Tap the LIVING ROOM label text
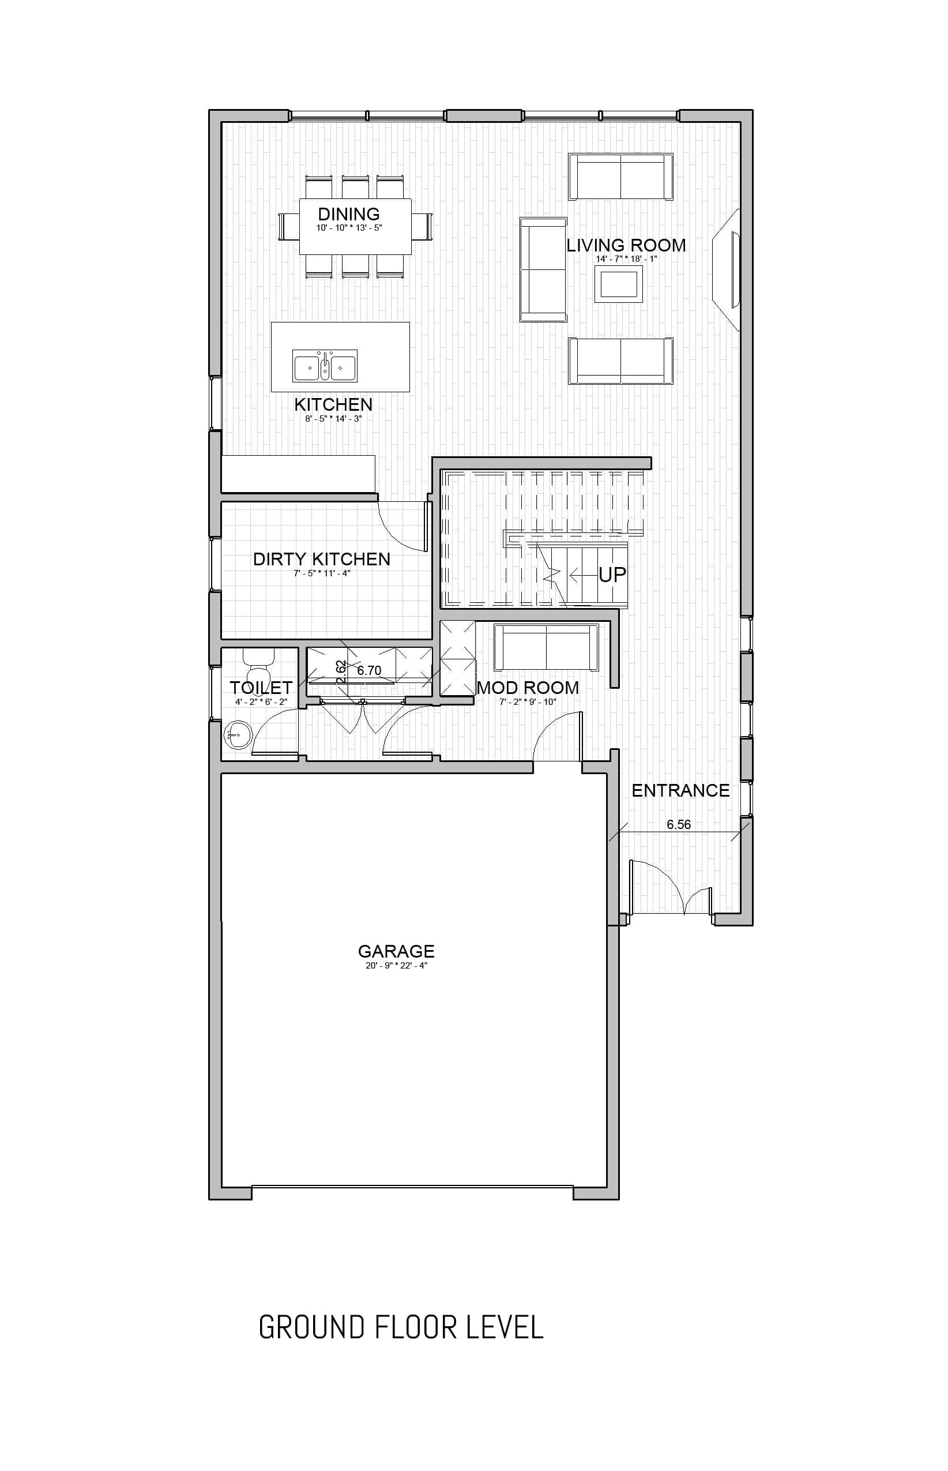pyautogui.click(x=626, y=245)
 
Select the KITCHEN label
pyautogui.click(x=333, y=404)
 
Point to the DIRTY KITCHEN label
pyautogui.click(x=322, y=559)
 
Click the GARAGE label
pyautogui.click(x=396, y=951)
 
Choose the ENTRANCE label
pyautogui.click(x=681, y=791)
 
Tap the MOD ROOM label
pyautogui.click(x=528, y=688)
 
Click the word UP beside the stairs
pyautogui.click(x=612, y=575)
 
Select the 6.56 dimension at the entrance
pyautogui.click(x=678, y=824)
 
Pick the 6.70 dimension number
pyautogui.click(x=370, y=670)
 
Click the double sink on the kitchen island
pyautogui.click(x=325, y=367)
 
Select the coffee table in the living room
pyautogui.click(x=619, y=284)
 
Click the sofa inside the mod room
pyautogui.click(x=546, y=648)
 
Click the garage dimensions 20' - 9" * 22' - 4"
pyautogui.click(x=396, y=966)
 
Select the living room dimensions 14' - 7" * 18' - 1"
pyautogui.click(x=626, y=259)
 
